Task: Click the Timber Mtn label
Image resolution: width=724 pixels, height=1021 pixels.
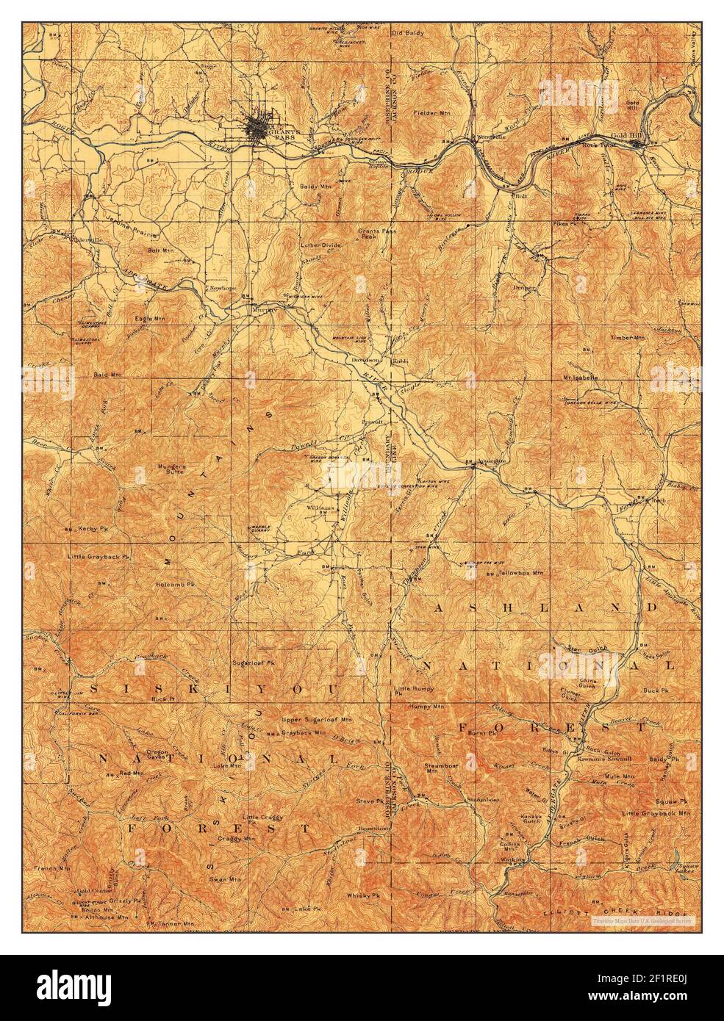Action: [x=627, y=338]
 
